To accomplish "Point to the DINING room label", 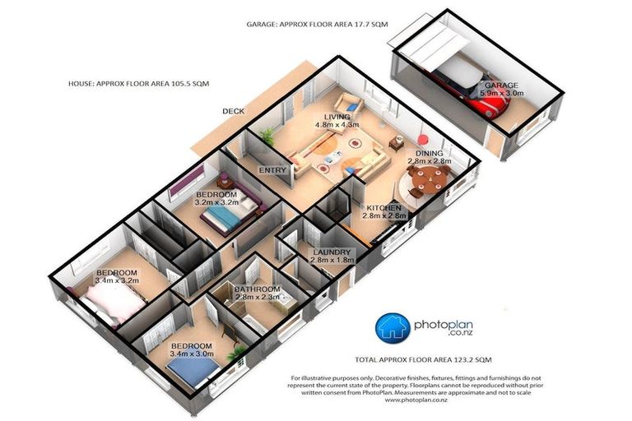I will [x=430, y=153].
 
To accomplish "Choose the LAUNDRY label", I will [x=332, y=252].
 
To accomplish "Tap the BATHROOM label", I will [x=258, y=289].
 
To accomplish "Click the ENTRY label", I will [x=272, y=170].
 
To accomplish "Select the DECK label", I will [x=234, y=110].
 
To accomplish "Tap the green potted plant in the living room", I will [x=266, y=136].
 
